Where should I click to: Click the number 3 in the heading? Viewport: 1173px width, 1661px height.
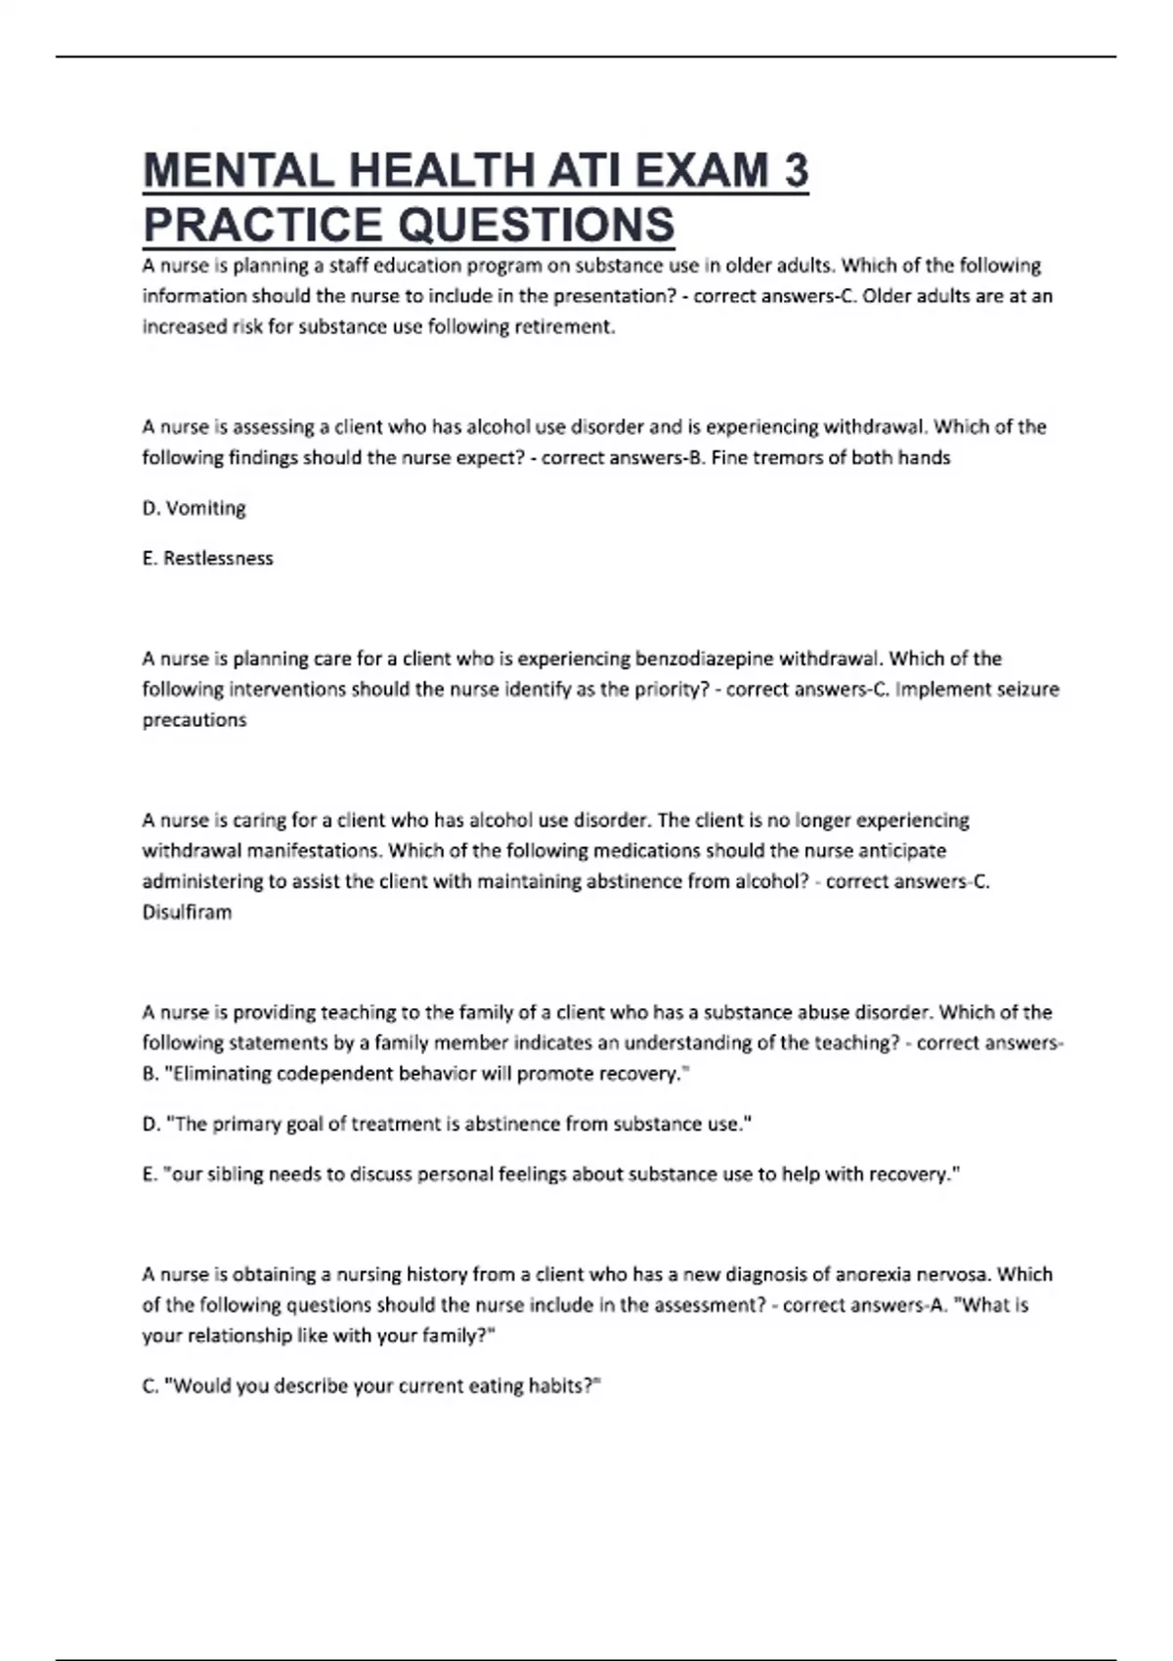[796, 171]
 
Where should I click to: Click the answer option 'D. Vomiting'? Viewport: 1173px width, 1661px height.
[194, 508]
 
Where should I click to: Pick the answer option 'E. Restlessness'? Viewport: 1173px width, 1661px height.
[207, 559]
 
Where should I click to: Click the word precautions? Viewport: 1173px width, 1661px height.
[194, 720]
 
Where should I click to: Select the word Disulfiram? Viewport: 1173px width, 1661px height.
[187, 913]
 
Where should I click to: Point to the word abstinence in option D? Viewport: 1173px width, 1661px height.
[511, 1125]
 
